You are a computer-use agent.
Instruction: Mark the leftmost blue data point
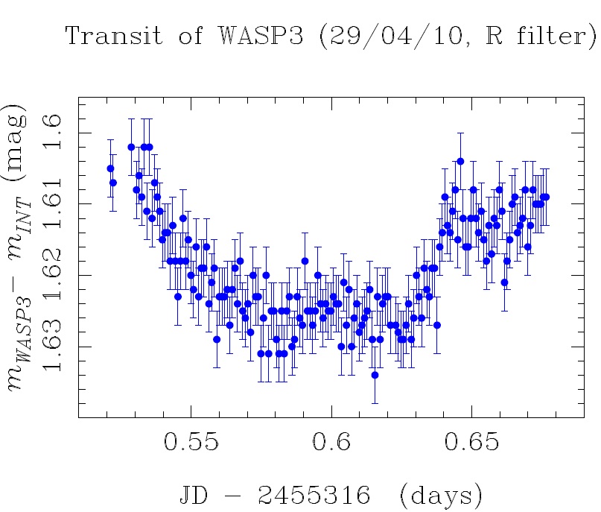110,168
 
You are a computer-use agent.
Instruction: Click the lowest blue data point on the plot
375,375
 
